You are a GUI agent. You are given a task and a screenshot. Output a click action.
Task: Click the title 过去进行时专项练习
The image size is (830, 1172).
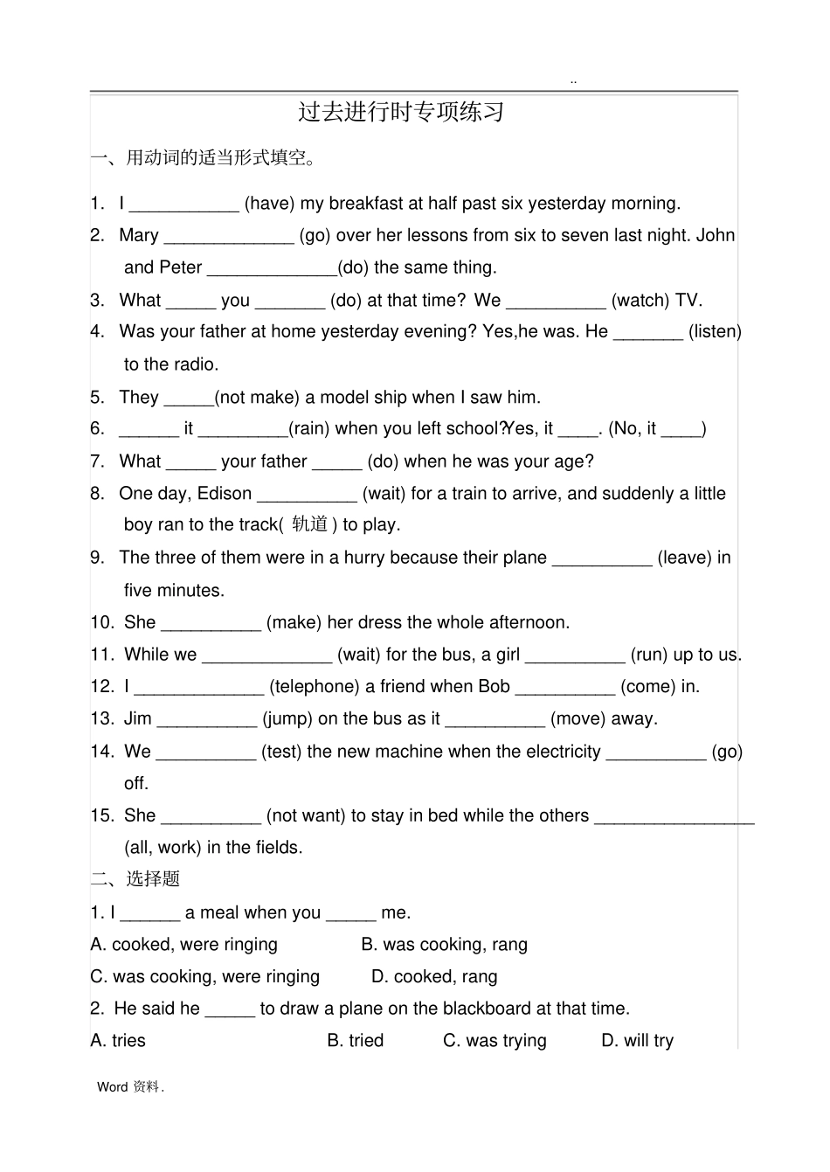[401, 113]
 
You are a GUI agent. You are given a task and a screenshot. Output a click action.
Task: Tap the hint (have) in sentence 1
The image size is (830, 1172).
[269, 204]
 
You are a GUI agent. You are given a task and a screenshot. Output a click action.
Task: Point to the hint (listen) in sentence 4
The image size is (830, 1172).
[715, 332]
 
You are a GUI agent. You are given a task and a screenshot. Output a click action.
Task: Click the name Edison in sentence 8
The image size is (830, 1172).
[225, 494]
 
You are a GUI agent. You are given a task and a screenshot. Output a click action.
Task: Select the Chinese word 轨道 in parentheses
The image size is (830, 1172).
[309, 524]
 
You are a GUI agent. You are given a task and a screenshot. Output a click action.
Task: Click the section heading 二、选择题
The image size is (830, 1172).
[135, 879]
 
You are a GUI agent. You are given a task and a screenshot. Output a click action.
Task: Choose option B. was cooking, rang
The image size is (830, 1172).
[445, 945]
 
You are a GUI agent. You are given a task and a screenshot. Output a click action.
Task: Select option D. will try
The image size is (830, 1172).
[638, 1041]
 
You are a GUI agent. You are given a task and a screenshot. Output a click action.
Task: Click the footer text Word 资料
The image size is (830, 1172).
[130, 1087]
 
